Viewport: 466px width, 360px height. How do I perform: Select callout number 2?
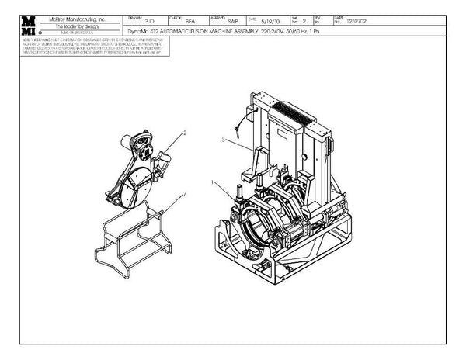pos(184,133)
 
